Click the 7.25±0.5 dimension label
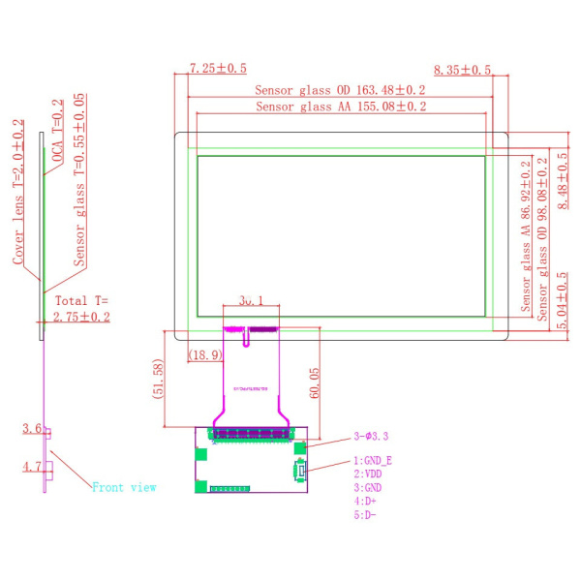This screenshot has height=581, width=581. point(218,69)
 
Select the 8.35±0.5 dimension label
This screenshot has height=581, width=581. point(462,70)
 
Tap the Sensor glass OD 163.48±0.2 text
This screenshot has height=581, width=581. point(340,90)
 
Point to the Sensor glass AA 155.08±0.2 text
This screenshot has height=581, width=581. point(341,107)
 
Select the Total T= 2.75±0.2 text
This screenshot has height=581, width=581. point(83,308)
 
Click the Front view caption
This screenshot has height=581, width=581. point(123,487)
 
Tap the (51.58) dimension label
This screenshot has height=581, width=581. point(159,377)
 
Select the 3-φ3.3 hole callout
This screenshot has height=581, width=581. point(372,437)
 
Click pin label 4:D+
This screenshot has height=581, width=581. point(365,502)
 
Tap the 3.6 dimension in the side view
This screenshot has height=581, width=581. point(30,428)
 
